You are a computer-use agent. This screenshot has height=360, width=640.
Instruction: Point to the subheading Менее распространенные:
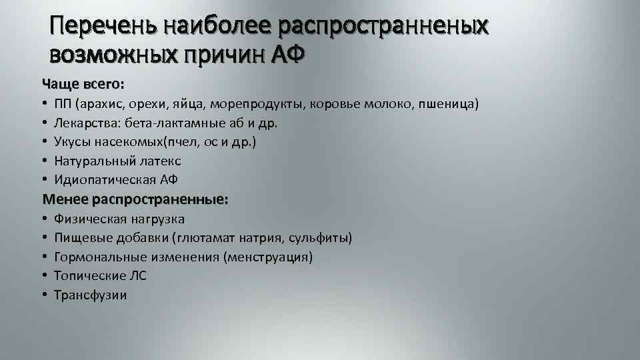pyautogui.click(x=135, y=199)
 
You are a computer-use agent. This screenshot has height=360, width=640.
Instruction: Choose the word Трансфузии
pyautogui.click(x=90, y=295)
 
